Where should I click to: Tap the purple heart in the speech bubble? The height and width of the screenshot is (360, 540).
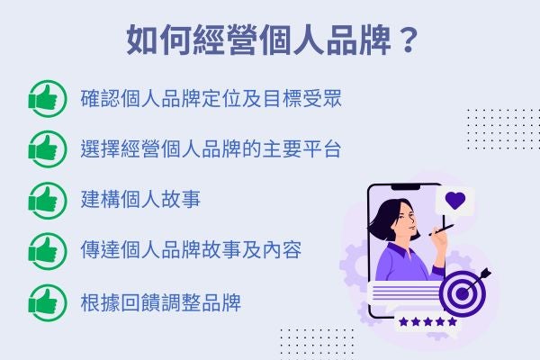[x=454, y=201]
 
